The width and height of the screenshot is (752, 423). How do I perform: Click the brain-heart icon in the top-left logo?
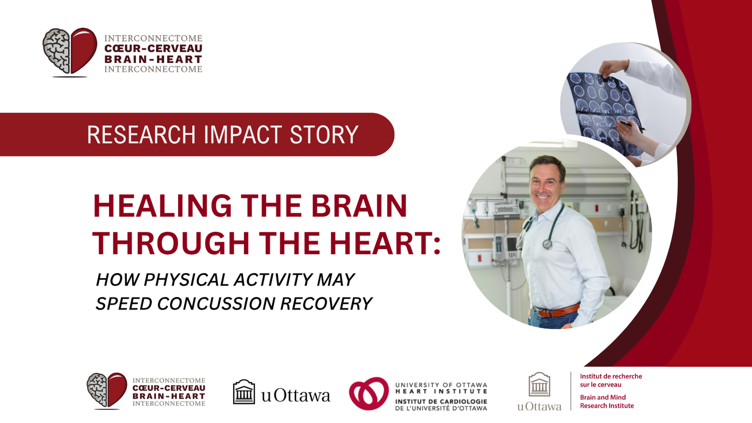click(70, 52)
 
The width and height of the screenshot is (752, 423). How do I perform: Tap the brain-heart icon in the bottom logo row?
click(107, 391)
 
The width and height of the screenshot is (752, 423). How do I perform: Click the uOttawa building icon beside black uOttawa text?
click(244, 392)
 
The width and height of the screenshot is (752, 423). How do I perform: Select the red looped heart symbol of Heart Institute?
click(369, 393)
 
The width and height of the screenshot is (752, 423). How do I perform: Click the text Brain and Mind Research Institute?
click(606, 402)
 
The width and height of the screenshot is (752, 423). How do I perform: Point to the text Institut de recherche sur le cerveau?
click(610, 381)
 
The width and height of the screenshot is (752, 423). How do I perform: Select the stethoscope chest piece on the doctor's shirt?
click(547, 244)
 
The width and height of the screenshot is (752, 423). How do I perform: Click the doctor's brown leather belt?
click(557, 311)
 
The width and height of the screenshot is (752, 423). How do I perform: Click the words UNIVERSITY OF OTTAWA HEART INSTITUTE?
click(441, 388)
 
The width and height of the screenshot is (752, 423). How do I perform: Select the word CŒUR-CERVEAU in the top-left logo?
click(153, 49)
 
